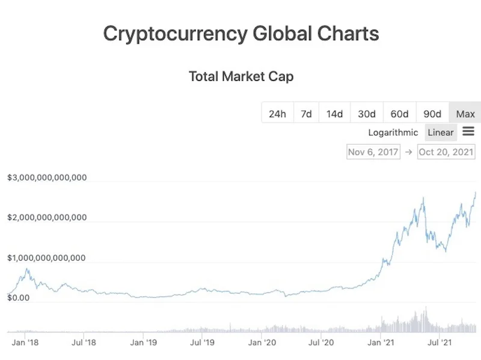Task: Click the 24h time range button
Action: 277,114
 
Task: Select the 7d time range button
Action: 306,114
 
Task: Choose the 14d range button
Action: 334,114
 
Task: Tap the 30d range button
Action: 367,114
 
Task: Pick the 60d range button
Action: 399,114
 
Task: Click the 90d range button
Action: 432,114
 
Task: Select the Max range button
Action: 465,114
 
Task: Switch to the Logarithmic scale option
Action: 393,132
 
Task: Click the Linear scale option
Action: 440,132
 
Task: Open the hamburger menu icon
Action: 468,132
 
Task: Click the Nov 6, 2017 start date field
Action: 373,151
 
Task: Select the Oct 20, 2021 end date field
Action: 446,151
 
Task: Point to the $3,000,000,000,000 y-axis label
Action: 47,178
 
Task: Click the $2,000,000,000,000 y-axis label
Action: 47,218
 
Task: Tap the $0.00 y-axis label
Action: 19,297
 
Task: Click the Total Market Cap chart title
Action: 241,76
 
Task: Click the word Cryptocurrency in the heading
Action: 175,33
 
